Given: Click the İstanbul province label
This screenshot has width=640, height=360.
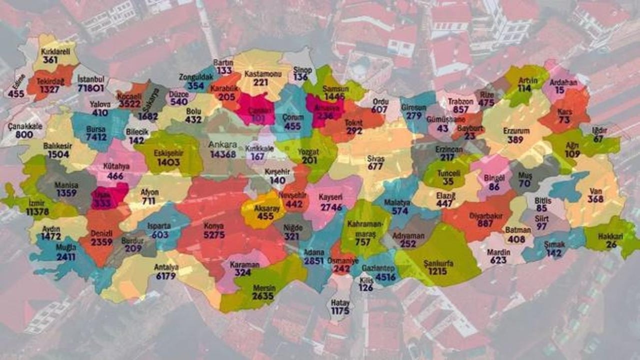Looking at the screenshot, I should (90, 80).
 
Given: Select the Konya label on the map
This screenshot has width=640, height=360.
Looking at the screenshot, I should (213, 226).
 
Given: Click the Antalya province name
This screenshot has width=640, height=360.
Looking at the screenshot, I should (166, 266).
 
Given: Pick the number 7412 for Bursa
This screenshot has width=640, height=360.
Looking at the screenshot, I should (95, 137).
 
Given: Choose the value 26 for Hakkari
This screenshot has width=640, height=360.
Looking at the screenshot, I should (611, 245).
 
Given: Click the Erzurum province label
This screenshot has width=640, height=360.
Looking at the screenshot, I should (515, 131).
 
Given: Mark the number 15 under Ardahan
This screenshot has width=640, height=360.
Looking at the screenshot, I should (559, 90).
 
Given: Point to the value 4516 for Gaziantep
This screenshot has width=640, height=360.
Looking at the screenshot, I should (385, 277).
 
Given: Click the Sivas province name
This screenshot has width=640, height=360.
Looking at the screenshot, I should (375, 158).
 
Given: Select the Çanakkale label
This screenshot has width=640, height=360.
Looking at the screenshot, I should (25, 126).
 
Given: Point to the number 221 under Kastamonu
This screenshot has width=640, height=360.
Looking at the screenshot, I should (260, 82).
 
